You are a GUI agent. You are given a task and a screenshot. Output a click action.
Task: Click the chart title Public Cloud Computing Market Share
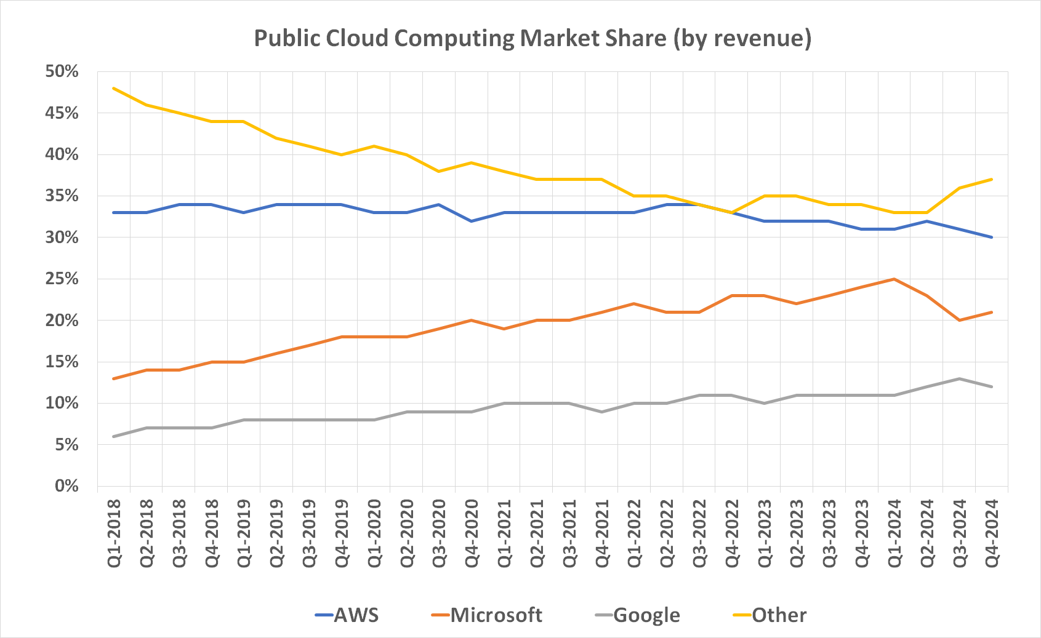[533, 38]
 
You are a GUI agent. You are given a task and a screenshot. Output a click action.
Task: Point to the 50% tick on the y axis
[62, 71]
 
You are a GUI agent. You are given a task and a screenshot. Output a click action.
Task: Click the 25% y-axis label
[62, 279]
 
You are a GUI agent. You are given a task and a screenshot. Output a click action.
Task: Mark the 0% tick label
[66, 486]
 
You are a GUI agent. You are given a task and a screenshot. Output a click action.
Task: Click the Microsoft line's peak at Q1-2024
[894, 279]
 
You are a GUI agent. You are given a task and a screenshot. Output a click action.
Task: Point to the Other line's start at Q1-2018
[114, 88]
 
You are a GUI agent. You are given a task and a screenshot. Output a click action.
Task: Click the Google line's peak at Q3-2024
[959, 378]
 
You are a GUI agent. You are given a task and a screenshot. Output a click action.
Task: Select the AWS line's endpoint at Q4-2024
[992, 237]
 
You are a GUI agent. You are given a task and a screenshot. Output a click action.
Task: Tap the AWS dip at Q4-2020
[472, 221]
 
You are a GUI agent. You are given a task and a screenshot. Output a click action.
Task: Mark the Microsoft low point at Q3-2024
[959, 320]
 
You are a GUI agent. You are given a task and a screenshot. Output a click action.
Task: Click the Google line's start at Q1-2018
[114, 436]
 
